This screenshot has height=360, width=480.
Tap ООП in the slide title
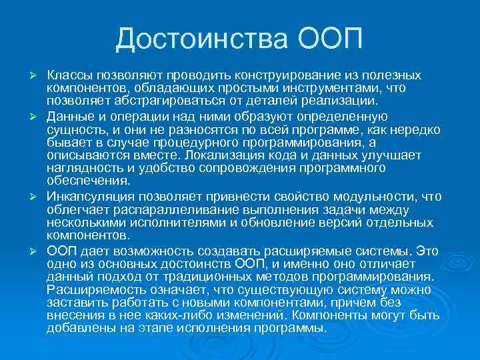(x=327, y=39)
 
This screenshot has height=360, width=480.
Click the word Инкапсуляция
(x=89, y=198)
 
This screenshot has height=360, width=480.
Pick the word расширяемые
(x=309, y=252)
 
